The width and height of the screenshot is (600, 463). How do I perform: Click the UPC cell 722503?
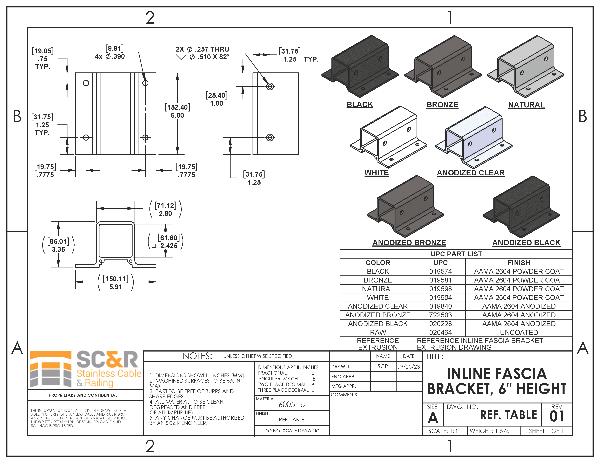(440, 315)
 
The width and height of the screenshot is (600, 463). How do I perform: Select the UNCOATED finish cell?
(519, 332)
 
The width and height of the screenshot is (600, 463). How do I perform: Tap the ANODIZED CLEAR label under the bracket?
(471, 173)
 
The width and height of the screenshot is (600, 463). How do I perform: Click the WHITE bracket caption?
(376, 173)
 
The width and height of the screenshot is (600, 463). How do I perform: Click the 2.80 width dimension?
(165, 213)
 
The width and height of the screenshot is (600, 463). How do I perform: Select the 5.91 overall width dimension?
(115, 287)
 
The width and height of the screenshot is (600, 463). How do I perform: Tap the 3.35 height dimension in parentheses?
(58, 250)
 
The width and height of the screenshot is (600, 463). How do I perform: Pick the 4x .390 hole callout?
(110, 56)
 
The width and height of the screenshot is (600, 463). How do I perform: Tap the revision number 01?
(557, 416)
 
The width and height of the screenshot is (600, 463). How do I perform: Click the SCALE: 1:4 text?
(443, 431)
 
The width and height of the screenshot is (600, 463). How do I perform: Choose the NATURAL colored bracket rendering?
(525, 67)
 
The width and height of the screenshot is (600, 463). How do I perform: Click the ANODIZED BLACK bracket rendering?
(521, 207)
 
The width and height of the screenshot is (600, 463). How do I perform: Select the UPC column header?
(440, 263)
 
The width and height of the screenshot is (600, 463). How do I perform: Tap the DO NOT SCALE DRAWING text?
(292, 431)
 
